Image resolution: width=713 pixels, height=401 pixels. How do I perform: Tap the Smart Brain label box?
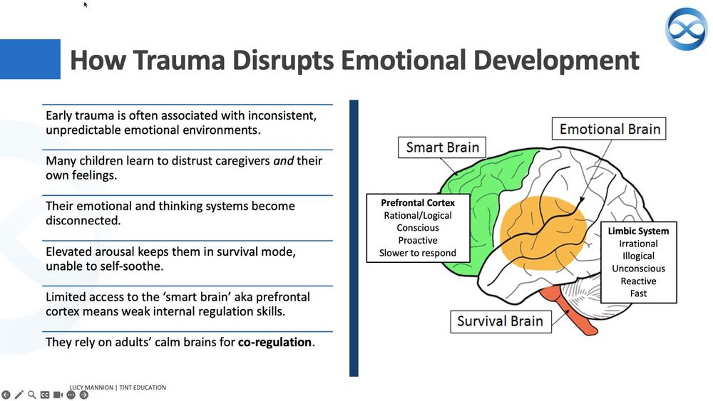pyautogui.click(x=442, y=148)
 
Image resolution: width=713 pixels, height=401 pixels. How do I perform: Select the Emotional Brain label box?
pyautogui.click(x=610, y=129)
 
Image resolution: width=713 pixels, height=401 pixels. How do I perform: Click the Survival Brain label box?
pyautogui.click(x=500, y=321)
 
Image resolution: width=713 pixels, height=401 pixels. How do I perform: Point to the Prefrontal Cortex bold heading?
pyautogui.click(x=418, y=202)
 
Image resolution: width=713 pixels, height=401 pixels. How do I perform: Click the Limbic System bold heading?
pyautogui.click(x=638, y=231)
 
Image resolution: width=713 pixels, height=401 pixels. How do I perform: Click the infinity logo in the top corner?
pyautogui.click(x=686, y=28)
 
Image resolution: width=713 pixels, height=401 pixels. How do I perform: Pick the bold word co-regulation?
pyautogui.click(x=275, y=342)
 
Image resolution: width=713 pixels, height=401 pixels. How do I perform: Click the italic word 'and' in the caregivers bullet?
pyautogui.click(x=284, y=160)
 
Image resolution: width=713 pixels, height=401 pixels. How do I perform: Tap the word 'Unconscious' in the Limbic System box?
pyautogui.click(x=638, y=269)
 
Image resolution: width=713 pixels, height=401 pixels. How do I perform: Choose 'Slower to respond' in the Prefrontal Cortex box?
pyautogui.click(x=418, y=253)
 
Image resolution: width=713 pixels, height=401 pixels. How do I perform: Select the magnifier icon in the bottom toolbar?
pyautogui.click(x=31, y=395)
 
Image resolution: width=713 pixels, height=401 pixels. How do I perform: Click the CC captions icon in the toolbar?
pyautogui.click(x=44, y=395)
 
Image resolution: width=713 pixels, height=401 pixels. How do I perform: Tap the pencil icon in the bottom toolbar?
pyautogui.click(x=19, y=395)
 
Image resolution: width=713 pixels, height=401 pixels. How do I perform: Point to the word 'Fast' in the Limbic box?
pyautogui.click(x=638, y=293)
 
